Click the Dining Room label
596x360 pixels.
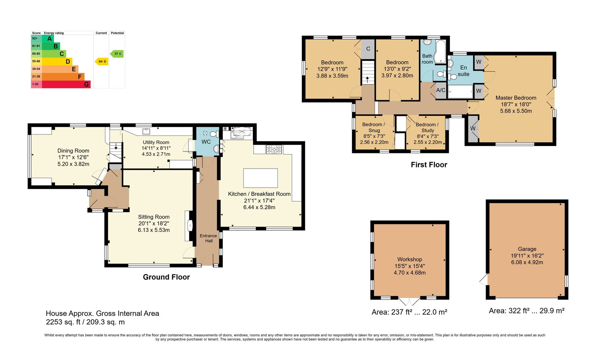tap(73, 151)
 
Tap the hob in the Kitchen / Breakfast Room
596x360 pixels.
tap(274, 149)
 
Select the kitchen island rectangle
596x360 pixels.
tap(260, 178)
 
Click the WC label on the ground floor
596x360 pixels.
tap(206, 142)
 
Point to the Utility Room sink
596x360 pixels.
tap(146, 131)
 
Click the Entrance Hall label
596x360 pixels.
tap(208, 238)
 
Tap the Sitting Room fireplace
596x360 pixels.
tap(189, 226)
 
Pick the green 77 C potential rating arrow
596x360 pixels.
tap(117, 54)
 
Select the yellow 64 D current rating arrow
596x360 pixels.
tap(101, 61)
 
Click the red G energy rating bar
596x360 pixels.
tap(66, 84)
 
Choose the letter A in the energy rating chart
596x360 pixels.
tap(50, 39)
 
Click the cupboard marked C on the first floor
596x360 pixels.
tap(368, 49)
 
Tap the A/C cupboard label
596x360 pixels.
tap(441, 90)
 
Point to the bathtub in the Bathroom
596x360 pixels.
tap(440, 52)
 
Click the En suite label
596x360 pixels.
tap(463, 71)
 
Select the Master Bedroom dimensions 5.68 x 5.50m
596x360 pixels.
tap(516, 111)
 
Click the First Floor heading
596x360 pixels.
tap(429, 165)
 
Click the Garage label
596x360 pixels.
tap(527, 249)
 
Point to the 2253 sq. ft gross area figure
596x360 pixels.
tap(63, 322)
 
